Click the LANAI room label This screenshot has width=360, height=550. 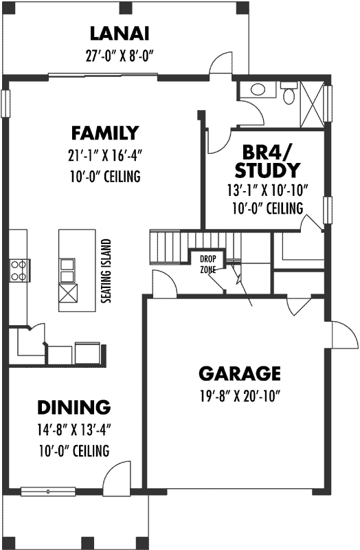click(x=120, y=34)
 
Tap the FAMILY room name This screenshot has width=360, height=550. click(x=105, y=132)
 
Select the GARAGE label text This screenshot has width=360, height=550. click(x=240, y=373)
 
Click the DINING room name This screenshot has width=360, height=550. click(x=74, y=407)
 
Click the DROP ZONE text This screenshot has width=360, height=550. click(x=207, y=264)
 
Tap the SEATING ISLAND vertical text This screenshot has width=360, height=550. click(x=106, y=272)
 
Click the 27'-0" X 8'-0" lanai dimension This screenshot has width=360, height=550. click(x=120, y=55)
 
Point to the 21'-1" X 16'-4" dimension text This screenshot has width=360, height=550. click(x=104, y=155)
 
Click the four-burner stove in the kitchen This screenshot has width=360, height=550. click(x=19, y=269)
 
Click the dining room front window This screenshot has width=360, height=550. click(x=48, y=491)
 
